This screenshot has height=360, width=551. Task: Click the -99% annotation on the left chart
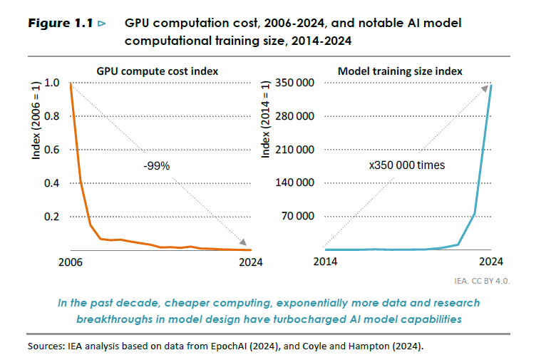[157, 165]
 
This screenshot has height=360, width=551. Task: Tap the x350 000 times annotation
[407, 165]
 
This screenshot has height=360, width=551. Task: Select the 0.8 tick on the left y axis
[53, 116]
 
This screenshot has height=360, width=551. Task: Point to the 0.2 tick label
[53, 217]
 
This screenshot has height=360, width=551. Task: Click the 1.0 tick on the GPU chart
[53, 83]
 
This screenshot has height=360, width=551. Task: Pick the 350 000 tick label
[294, 83]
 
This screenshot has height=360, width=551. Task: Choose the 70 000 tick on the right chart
[297, 217]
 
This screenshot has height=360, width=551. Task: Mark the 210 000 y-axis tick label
[294, 150]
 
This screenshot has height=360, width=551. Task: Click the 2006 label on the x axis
[70, 262]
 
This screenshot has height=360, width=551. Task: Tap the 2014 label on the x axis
[325, 262]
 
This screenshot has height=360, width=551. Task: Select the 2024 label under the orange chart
[249, 262]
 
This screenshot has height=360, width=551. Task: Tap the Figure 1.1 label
[61, 24]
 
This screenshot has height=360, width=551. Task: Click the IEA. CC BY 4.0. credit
[482, 281]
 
